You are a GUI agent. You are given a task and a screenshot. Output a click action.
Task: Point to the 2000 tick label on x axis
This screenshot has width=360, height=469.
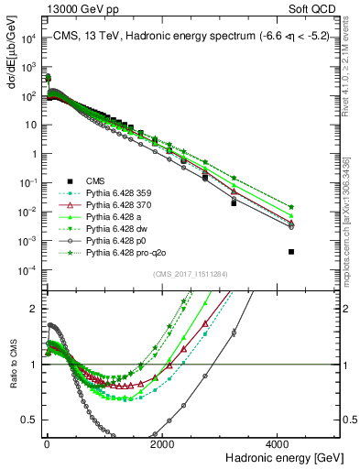click(x=162, y=444)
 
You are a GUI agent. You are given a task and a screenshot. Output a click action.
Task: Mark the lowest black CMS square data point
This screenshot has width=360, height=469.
click(x=291, y=251)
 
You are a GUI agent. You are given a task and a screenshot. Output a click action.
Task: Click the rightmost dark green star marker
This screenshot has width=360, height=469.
click(x=291, y=207)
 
